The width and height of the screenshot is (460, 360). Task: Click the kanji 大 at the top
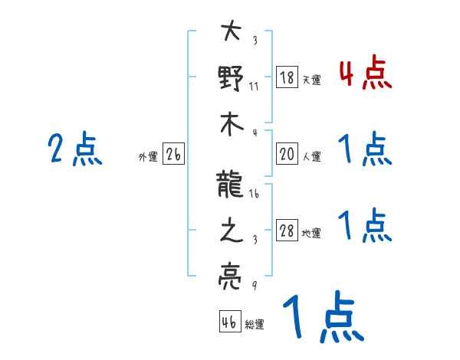tap(231, 33)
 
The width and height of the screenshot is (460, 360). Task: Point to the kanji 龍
tap(231, 185)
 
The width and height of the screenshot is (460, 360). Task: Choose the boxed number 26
tap(173, 155)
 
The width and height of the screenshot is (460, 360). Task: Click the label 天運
tap(311, 79)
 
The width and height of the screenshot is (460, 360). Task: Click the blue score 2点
tap(75, 149)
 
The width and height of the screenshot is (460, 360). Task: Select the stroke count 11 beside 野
tap(254, 86)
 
